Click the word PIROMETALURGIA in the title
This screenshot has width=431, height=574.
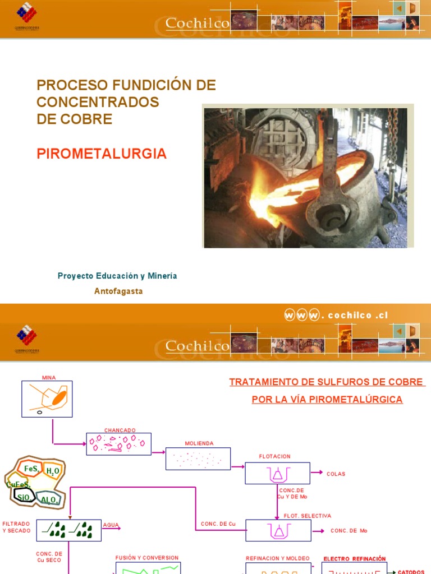[102, 154]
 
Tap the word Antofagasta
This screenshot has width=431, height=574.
[118, 291]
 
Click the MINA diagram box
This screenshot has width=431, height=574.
[47, 399]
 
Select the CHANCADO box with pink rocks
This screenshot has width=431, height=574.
[118, 443]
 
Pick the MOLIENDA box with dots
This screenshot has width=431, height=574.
[198, 459]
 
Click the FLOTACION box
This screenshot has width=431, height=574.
[277, 473]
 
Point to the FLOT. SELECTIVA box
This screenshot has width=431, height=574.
[278, 530]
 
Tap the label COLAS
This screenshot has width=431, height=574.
[336, 474]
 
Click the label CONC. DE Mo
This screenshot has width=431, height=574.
[349, 530]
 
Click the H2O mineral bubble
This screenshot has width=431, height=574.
[53, 471]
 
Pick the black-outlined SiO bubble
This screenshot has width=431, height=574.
[24, 497]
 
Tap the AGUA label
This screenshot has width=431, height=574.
[111, 525]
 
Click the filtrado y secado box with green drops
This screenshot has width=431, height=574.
[69, 530]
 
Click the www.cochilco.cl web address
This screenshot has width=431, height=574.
[336, 315]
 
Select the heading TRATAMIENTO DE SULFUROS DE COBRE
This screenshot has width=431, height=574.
[327, 382]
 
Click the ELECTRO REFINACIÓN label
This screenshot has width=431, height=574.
[355, 559]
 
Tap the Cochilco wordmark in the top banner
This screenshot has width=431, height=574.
[198, 23]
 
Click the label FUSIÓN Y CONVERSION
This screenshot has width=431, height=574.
[147, 558]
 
